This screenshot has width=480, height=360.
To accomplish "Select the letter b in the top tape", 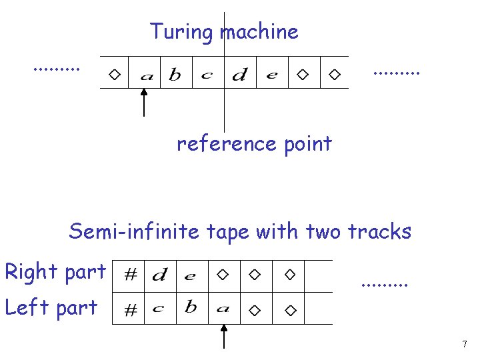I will [175, 74].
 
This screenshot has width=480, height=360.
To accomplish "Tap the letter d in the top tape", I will [239, 75].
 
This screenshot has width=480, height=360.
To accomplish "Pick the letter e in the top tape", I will [271, 75].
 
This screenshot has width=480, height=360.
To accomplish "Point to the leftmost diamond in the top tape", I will [115, 74].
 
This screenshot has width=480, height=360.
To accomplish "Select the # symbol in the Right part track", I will [131, 274].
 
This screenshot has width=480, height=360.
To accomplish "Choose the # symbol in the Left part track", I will [131, 310].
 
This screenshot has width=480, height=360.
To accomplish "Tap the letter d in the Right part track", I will [159, 274].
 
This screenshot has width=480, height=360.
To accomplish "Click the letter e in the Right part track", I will [191, 275].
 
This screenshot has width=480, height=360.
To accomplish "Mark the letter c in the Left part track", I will [159, 309].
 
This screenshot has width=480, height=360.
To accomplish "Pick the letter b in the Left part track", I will [191, 307].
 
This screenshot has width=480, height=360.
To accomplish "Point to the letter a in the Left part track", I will [223, 309].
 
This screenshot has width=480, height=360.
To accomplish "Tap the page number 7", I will [464, 345].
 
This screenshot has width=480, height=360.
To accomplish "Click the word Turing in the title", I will [177, 31].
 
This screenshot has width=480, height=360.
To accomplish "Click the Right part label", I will [55, 271].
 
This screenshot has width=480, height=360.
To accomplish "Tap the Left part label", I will [51, 307].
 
